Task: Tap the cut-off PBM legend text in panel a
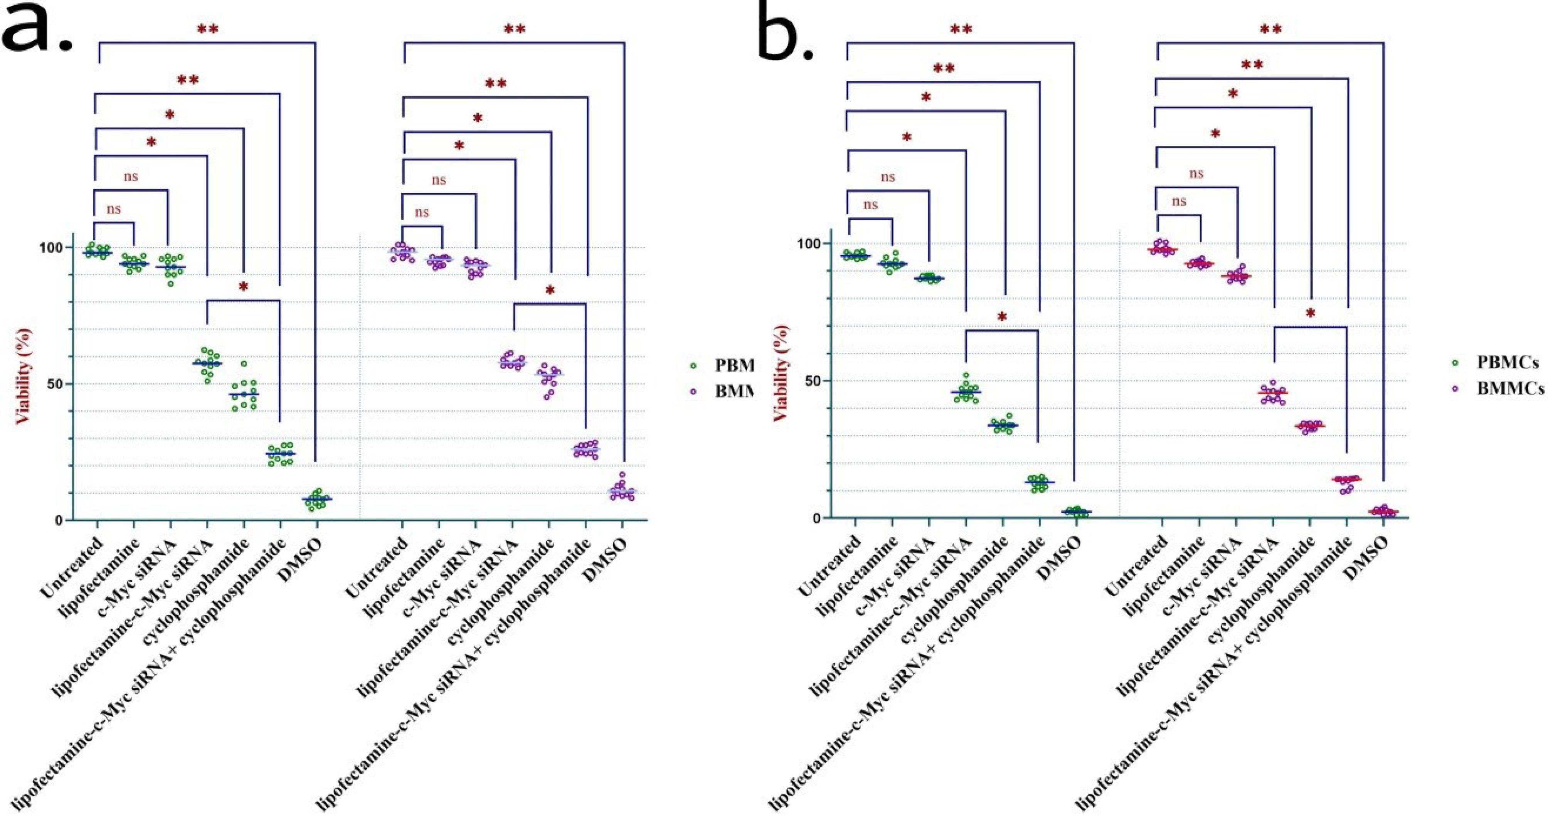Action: (733, 365)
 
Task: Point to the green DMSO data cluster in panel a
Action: (317, 499)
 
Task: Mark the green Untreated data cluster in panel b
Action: (855, 256)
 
